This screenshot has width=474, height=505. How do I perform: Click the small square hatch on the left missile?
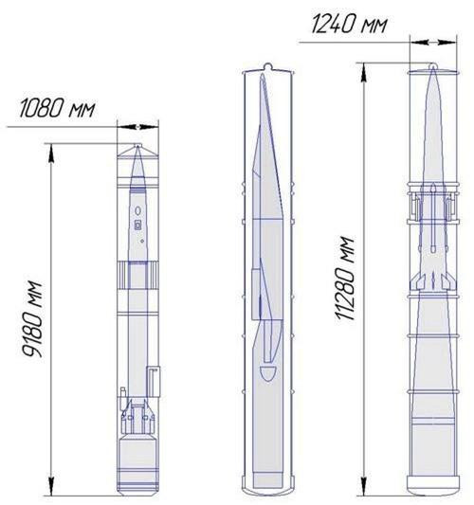pyautogui.click(x=138, y=225)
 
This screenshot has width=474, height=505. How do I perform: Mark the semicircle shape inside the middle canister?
pyautogui.click(x=268, y=379)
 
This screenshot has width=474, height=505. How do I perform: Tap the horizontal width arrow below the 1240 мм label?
pyautogui.click(x=433, y=42)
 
